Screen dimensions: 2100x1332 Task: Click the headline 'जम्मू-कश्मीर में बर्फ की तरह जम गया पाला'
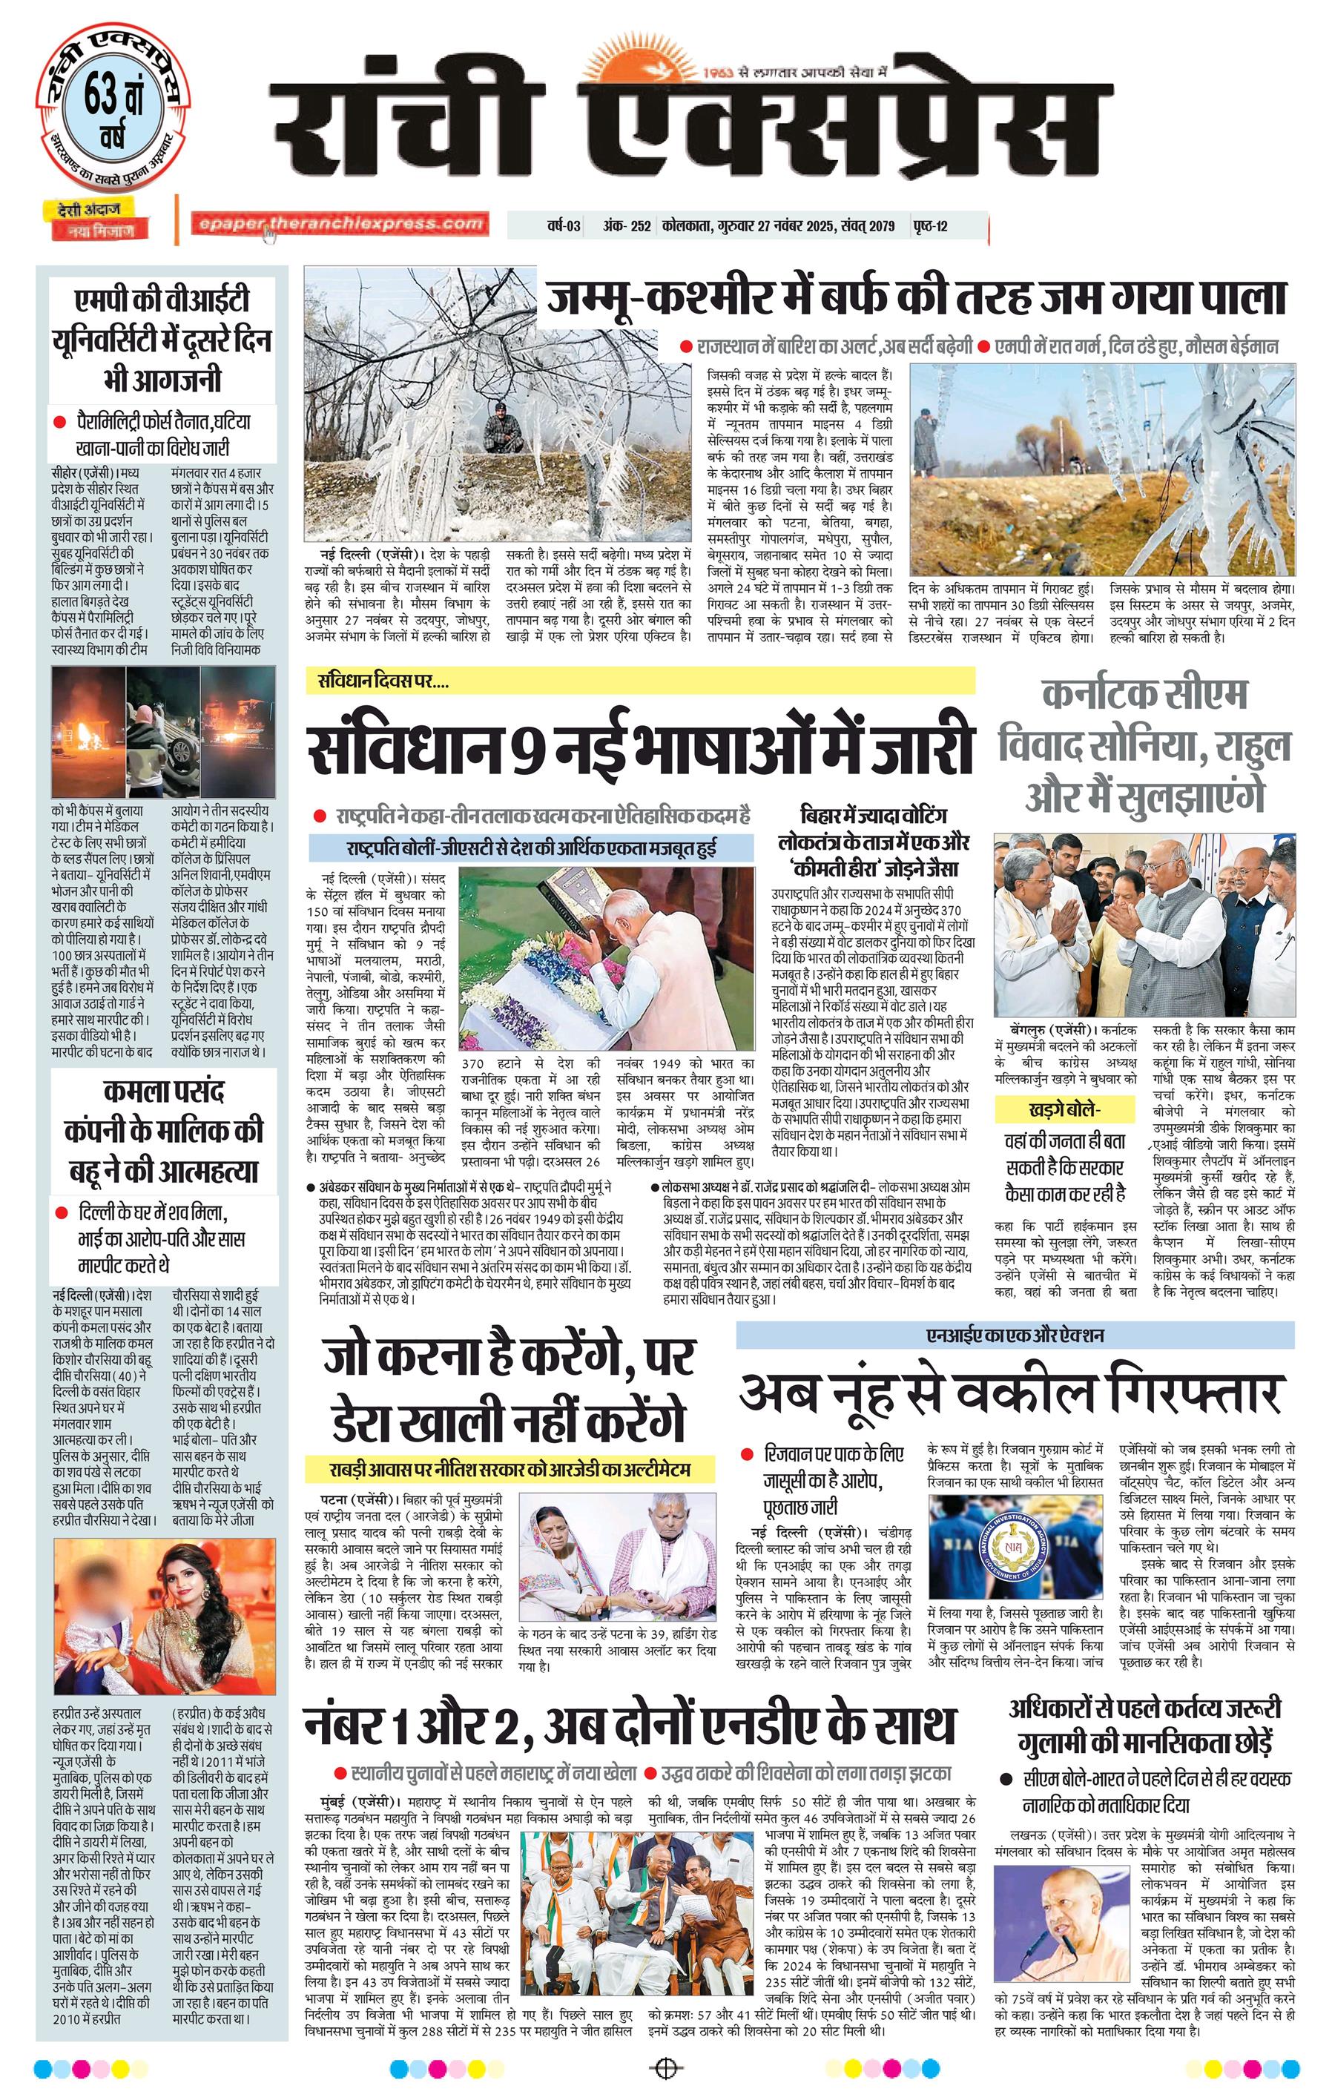(x=916, y=297)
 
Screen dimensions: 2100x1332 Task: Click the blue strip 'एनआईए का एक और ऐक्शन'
(x=1015, y=1335)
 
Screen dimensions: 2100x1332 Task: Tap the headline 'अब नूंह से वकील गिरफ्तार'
(x=1012, y=1393)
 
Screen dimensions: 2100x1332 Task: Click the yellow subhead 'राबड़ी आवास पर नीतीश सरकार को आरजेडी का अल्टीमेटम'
(x=510, y=1470)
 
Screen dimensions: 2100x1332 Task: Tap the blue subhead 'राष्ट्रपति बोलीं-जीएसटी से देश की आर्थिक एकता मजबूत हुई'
(x=531, y=848)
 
